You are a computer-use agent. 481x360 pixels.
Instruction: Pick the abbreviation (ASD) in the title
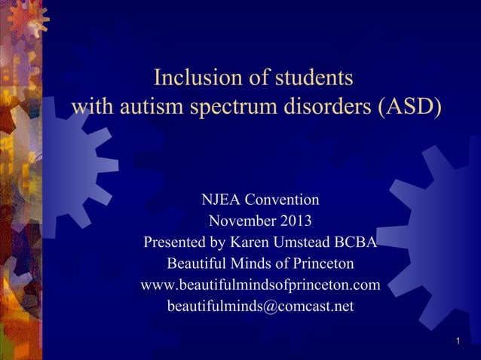(409, 106)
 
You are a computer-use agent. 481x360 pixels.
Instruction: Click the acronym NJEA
(222, 200)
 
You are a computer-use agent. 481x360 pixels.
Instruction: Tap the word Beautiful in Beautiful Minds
(198, 265)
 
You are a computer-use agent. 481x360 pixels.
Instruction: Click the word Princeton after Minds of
(319, 265)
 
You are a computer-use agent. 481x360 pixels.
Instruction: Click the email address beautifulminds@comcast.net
(260, 307)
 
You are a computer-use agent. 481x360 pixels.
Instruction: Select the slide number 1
(458, 343)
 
